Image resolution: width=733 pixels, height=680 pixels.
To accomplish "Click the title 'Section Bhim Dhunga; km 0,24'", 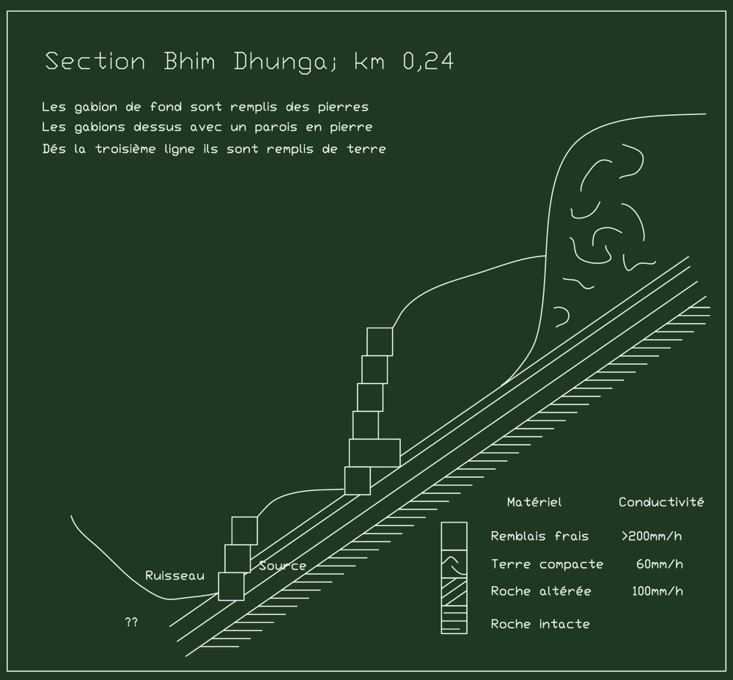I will point(249,62).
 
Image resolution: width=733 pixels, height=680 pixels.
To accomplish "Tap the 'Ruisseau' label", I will point(174,576).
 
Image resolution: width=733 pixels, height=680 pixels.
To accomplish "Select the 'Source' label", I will point(282,566).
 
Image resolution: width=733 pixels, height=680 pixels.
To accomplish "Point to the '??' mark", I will point(131,622).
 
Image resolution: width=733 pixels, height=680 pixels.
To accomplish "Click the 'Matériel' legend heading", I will point(534,503).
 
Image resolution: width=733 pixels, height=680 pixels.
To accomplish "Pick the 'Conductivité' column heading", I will point(661,503).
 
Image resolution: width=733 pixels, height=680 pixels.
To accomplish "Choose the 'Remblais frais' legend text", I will point(539,536).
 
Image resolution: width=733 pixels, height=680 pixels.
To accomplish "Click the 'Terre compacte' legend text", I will point(547,564).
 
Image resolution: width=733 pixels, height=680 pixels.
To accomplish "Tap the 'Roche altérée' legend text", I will point(541,591).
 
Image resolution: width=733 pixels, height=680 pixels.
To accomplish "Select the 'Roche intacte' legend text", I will point(540,624).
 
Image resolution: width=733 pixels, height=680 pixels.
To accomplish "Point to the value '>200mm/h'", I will point(652,536).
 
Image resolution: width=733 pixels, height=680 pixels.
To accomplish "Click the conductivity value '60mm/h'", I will point(660,564).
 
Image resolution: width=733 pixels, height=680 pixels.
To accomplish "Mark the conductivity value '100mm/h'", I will point(657,591).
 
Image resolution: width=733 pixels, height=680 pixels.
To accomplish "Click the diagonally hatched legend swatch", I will point(454,591).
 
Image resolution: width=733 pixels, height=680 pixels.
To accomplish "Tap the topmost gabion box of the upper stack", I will point(380,341).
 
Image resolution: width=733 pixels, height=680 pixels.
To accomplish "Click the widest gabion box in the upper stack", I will point(375,453).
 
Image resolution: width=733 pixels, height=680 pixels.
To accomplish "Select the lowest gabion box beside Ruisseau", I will point(231,586).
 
